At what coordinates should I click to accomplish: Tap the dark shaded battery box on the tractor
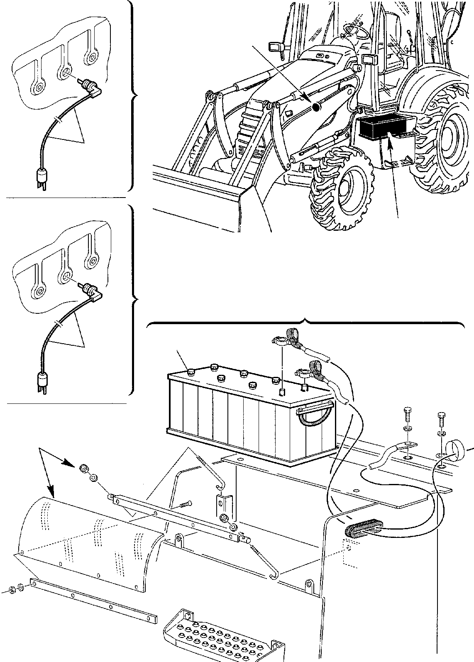click(380, 126)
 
